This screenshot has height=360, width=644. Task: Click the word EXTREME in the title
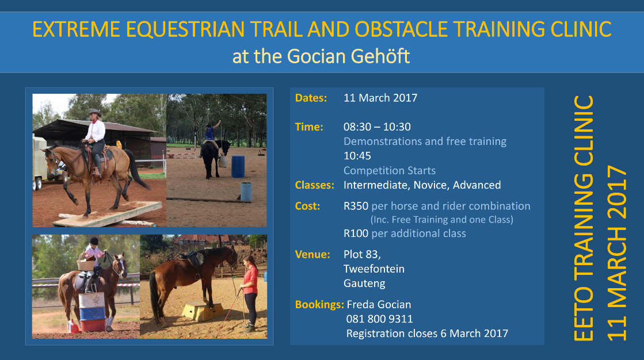tap(77, 29)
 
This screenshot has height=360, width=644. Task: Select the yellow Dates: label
tap(311, 98)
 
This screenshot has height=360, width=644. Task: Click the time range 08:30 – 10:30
tap(377, 127)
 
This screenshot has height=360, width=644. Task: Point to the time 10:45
tap(357, 156)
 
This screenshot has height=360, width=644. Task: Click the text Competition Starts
tap(390, 170)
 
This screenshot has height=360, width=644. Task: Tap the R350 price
tap(356, 206)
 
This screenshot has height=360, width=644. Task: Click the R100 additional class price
tap(356, 233)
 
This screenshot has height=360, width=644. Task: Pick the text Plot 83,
tap(362, 255)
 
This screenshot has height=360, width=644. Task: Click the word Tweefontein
tap(374, 269)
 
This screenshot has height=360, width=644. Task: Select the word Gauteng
tap(364, 284)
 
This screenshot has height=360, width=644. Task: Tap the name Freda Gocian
tap(379, 305)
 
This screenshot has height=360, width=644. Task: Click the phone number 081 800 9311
tap(379, 319)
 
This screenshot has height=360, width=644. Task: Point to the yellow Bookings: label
tap(319, 305)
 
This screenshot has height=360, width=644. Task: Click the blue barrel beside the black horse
tap(238, 166)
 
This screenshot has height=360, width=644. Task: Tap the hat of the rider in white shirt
tap(94, 113)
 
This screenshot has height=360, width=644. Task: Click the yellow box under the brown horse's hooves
tap(203, 311)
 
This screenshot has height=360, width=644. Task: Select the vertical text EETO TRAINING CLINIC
tap(584, 219)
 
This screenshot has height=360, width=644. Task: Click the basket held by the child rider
tap(86, 265)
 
